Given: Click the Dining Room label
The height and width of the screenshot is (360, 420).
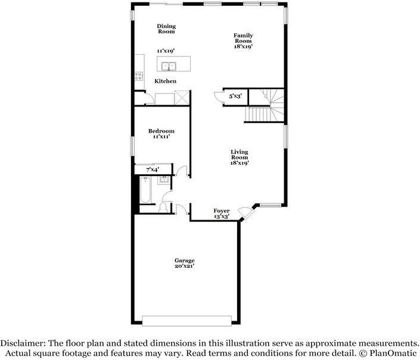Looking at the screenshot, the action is point(166,29).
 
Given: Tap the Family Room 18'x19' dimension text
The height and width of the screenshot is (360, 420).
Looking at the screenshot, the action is point(243,46).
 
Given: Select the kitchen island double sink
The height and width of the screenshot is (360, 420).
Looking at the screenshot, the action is point(169,66).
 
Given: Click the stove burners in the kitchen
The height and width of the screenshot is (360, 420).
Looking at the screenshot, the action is point(139,76).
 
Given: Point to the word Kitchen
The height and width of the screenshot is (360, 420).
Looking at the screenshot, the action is point(165,81).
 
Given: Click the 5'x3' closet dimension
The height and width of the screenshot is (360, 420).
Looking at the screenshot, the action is point(235,96).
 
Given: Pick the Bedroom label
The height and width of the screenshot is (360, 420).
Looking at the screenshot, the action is point(161,131).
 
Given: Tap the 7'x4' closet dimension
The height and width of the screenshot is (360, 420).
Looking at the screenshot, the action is point(153,170).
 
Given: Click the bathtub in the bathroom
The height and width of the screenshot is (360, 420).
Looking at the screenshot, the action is point(145,190).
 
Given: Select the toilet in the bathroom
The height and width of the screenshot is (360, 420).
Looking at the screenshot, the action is point(163,208).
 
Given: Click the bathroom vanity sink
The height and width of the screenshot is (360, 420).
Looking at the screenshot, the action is point(163,180).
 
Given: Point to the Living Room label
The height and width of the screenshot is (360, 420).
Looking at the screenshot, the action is point(239,155).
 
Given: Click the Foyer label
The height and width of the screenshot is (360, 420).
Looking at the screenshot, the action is point(222,211).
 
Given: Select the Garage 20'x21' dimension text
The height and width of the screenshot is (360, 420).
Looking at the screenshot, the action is point(184,266).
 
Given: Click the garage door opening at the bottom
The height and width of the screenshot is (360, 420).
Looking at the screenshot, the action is point(186,321).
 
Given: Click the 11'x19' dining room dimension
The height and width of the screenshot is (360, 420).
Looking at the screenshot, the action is point(166,51).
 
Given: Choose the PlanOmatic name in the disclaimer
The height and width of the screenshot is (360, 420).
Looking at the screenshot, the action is point(393,353).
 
